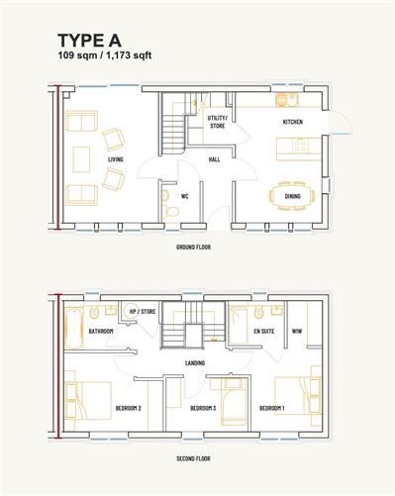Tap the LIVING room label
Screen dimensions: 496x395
click(x=116, y=158)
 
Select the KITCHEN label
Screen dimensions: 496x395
click(x=292, y=122)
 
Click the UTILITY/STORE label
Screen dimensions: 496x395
click(x=217, y=122)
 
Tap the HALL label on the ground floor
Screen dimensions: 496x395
click(x=213, y=158)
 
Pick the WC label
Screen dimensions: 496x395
click(x=184, y=196)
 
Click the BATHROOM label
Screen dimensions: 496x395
click(x=101, y=332)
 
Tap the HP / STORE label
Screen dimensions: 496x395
click(x=143, y=312)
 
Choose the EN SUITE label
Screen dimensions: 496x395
click(x=263, y=332)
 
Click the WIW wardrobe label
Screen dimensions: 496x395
click(x=296, y=332)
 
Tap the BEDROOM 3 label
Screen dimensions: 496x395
click(x=202, y=408)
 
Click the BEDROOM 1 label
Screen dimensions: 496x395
click(x=272, y=408)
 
